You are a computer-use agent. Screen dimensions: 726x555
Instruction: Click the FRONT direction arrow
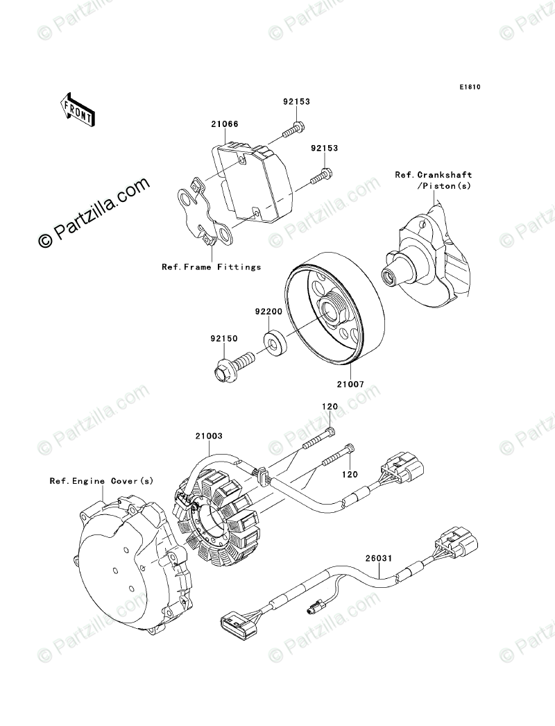[77, 108]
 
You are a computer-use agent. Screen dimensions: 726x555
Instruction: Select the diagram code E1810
[469, 88]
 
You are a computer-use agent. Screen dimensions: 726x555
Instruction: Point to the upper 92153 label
[296, 101]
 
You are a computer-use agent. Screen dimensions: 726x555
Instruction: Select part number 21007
[350, 383]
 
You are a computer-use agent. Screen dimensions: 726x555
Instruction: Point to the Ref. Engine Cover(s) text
[101, 480]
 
